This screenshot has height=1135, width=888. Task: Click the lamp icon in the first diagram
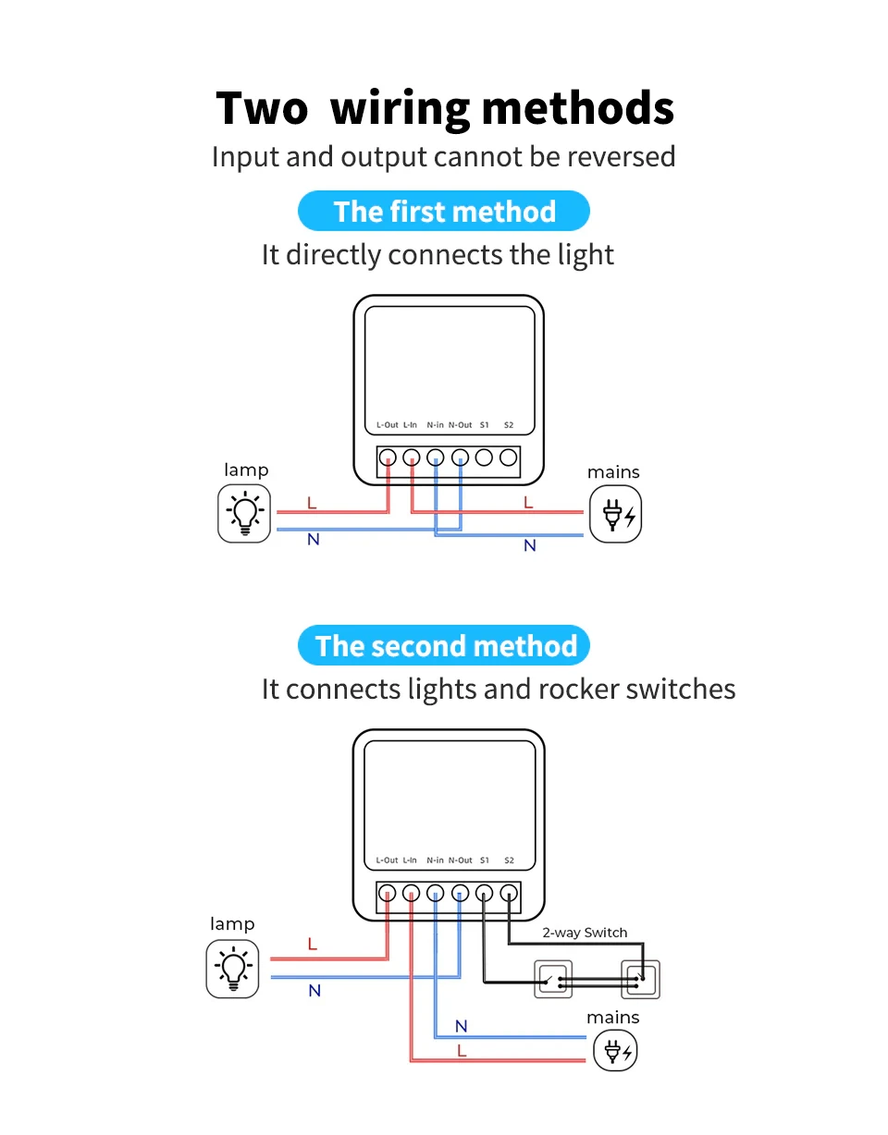pos(245,513)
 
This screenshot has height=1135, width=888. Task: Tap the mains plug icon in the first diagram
pos(615,514)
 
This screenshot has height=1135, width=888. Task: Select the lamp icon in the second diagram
pos(233,968)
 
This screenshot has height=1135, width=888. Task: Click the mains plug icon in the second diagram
pos(614,1051)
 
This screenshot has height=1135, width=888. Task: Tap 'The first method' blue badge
pos(444,212)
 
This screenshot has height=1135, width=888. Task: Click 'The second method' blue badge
pos(445,646)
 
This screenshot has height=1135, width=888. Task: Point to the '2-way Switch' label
pos(585,933)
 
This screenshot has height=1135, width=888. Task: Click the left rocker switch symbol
pos(553,979)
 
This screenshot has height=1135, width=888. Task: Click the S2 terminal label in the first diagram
pos(509,425)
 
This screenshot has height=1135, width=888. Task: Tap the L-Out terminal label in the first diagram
pos(387,425)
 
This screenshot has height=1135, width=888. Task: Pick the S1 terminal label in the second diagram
pos(484,860)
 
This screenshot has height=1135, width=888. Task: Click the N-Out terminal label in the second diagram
pos(461,860)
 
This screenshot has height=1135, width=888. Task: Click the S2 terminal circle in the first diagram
pos(508,457)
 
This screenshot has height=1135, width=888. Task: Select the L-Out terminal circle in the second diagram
pos(388,893)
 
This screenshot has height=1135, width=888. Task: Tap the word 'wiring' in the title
pos(401,108)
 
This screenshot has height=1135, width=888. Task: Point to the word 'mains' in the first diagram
pos(613,472)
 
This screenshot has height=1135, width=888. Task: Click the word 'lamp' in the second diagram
pos(232,924)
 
